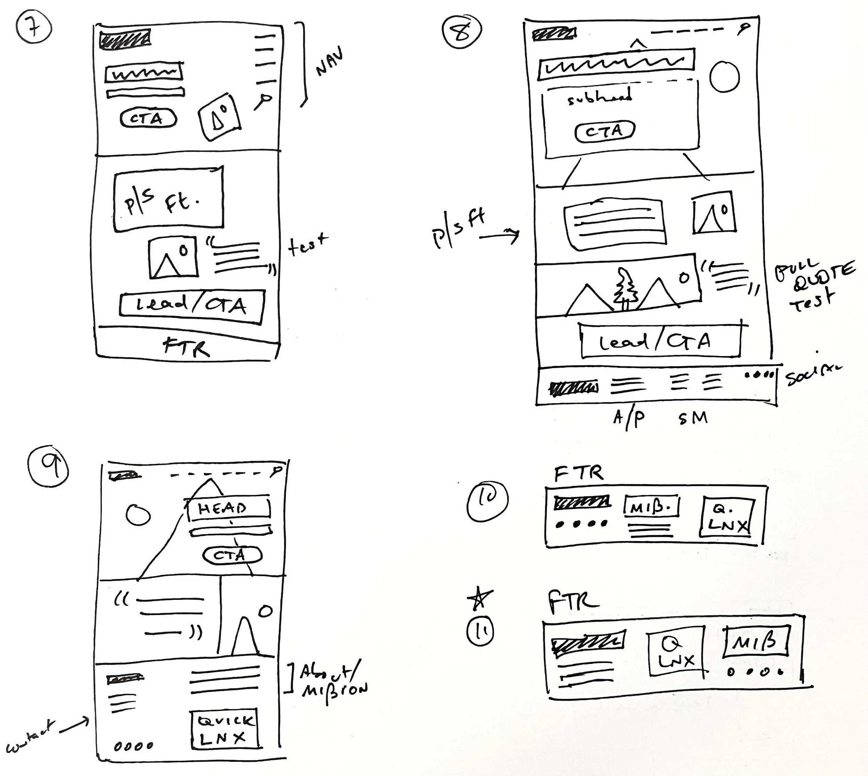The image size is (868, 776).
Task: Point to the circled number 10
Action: coord(487,500)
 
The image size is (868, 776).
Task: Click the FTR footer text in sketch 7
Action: coord(186,346)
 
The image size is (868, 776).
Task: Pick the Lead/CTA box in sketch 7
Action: coord(192,305)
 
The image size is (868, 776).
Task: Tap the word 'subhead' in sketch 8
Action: coord(600,97)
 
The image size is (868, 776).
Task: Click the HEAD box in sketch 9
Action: coord(229,508)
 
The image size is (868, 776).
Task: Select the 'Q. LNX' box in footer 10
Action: coord(727,517)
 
